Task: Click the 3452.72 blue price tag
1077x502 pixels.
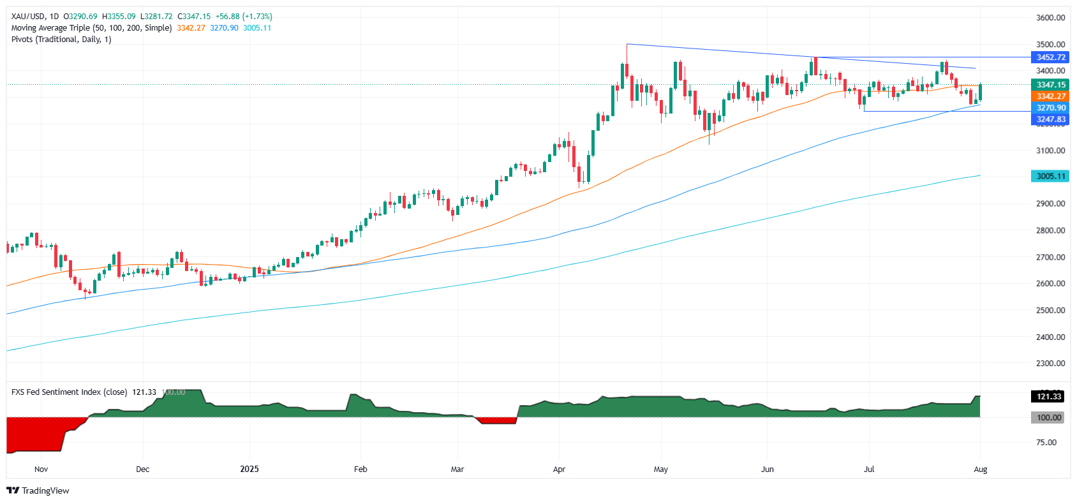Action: click(1050, 57)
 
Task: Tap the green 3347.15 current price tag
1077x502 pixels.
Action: click(1050, 85)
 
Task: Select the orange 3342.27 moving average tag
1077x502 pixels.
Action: click(1050, 96)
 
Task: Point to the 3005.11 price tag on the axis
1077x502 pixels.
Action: click(1050, 176)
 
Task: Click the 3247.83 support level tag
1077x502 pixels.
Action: click(1050, 119)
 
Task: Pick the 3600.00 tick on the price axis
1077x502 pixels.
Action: click(1050, 18)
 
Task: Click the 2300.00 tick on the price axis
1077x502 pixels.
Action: click(1050, 364)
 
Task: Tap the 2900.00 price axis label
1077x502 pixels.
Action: click(1050, 204)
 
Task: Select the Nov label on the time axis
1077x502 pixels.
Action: click(41, 469)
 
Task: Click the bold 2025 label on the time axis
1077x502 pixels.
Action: click(249, 469)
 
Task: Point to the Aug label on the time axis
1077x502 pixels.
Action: click(981, 469)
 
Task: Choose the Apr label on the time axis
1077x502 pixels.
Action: click(559, 469)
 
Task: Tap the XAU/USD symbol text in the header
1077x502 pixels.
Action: click(27, 17)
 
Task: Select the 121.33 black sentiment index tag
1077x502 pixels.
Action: click(1049, 397)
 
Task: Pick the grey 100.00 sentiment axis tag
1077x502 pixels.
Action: click(1049, 418)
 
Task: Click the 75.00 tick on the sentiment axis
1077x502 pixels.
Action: click(1046, 443)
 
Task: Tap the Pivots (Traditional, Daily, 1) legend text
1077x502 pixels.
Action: click(61, 40)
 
